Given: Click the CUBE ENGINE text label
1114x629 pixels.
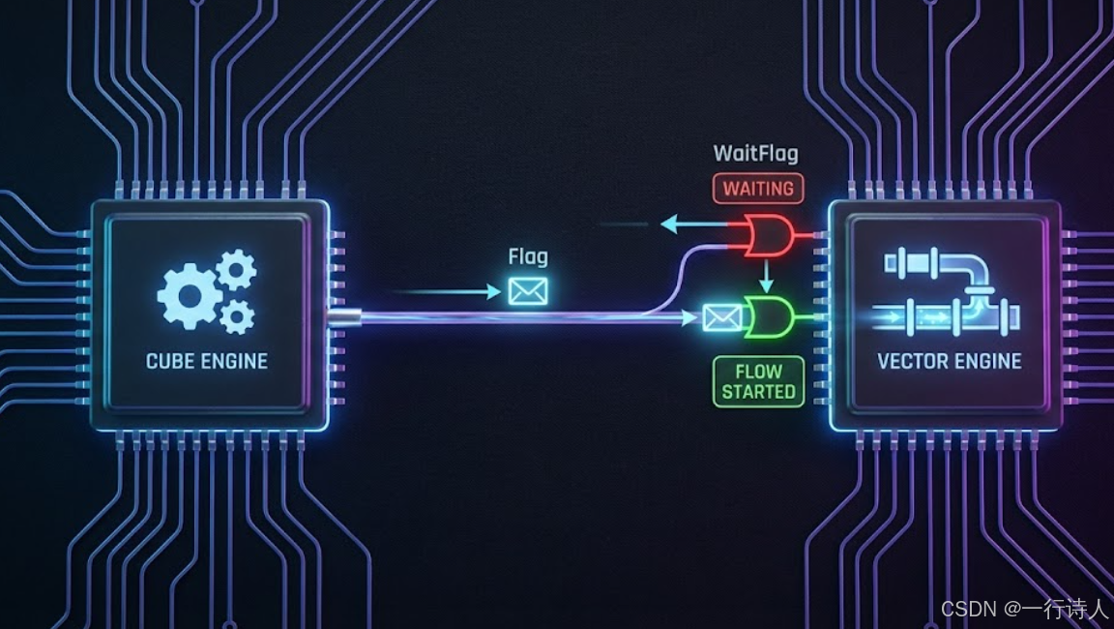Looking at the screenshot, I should tap(207, 361).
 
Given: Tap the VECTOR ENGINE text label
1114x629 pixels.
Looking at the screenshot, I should tap(949, 361).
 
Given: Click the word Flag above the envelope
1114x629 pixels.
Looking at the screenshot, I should tap(528, 256).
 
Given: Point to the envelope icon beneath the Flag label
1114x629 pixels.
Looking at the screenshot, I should tap(529, 290).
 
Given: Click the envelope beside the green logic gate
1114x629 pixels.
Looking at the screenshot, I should tap(721, 316).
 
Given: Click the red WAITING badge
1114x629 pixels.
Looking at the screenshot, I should tap(758, 188).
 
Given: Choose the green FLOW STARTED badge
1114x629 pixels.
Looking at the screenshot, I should tap(758, 381).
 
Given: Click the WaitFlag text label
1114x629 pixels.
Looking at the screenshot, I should tap(756, 153).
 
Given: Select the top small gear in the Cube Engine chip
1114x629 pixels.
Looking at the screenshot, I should tap(235, 268).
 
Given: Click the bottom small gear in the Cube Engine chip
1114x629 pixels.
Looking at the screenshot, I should tap(237, 315).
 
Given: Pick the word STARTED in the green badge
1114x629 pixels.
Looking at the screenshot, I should tap(758, 392).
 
